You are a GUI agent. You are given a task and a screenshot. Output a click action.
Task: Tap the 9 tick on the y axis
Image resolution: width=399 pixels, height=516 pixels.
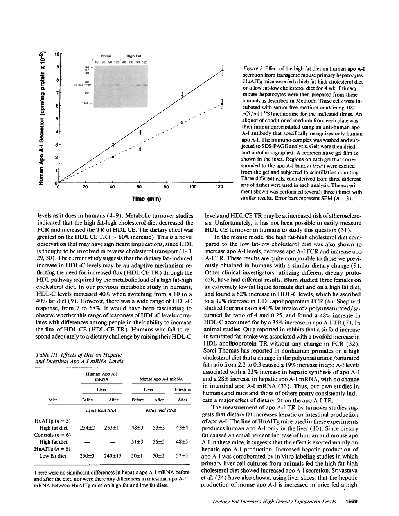[57, 67]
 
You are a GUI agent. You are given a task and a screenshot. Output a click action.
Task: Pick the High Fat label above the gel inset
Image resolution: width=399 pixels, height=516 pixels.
[134, 57]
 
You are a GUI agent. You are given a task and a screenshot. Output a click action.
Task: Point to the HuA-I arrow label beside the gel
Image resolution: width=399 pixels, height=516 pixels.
[82, 84]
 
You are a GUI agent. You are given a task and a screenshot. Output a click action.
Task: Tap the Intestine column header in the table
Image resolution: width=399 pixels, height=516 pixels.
[182, 390]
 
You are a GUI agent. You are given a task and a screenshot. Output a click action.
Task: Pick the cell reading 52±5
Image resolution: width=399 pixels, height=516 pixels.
[182, 456]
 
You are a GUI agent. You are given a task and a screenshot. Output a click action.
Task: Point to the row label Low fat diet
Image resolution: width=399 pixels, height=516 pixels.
[53, 456]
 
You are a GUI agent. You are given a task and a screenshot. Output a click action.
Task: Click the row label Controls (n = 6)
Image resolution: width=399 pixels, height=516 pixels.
[52, 435]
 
